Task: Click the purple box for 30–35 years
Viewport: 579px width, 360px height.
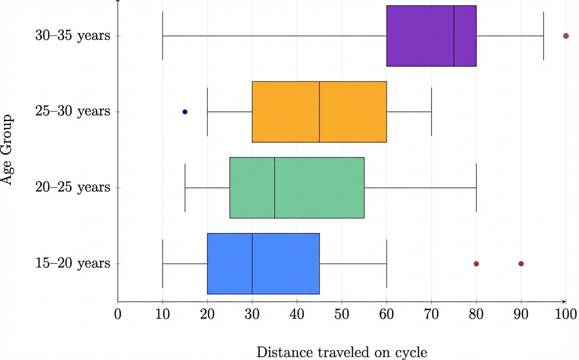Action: click(x=419, y=36)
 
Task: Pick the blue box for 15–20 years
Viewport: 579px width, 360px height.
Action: click(x=229, y=263)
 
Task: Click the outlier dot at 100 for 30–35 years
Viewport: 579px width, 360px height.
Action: click(x=566, y=36)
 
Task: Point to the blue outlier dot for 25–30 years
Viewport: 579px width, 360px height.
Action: click(x=185, y=112)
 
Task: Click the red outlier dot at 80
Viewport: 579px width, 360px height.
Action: click(x=476, y=264)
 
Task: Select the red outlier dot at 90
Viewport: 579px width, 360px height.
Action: click(x=521, y=264)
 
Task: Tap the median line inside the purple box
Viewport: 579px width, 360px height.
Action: click(x=454, y=36)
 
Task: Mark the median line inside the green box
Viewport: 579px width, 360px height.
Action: click(x=274, y=187)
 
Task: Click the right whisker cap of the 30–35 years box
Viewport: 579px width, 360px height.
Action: click(x=543, y=36)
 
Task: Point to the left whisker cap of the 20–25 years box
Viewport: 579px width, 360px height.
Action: click(x=185, y=187)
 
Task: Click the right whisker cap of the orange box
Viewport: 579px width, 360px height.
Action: click(x=431, y=112)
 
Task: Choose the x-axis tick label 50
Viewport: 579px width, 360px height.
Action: click(x=342, y=315)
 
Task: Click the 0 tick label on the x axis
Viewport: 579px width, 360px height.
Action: click(x=118, y=315)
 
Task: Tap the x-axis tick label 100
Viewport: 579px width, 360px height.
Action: click(x=566, y=315)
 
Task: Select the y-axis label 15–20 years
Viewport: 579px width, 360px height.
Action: click(x=73, y=263)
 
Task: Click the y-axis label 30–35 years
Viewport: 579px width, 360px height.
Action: click(x=73, y=36)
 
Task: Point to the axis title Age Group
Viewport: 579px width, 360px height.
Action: click(x=8, y=150)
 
